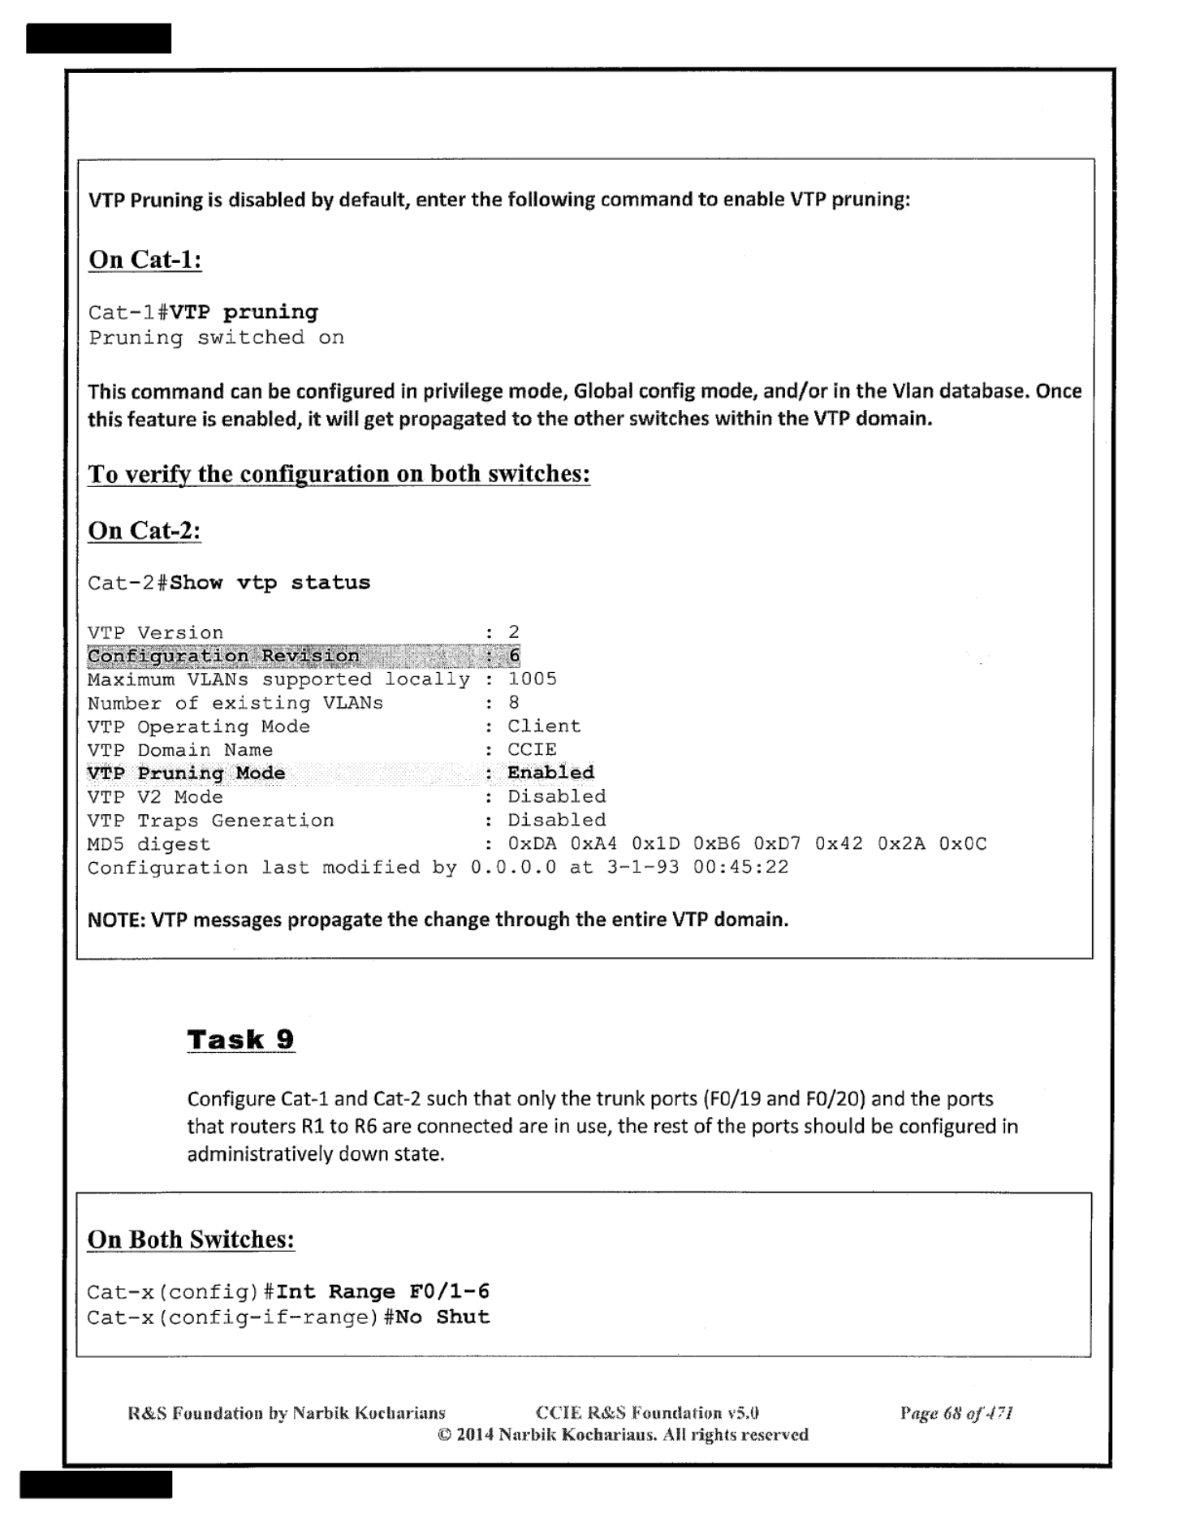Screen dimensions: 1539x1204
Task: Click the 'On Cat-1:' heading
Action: coord(145,260)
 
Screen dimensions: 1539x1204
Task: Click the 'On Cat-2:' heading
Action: coord(144,531)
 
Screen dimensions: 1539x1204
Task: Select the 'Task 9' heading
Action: coord(240,1040)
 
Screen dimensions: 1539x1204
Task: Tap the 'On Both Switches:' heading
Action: coord(191,1239)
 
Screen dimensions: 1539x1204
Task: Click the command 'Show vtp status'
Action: coord(270,583)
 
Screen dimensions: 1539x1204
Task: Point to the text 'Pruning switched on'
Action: coord(216,338)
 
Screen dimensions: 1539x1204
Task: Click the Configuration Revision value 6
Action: coord(514,656)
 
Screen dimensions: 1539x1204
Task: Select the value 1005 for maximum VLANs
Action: coord(532,679)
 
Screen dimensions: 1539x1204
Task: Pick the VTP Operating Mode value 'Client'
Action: coord(544,726)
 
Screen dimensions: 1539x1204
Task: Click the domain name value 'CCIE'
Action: coord(532,750)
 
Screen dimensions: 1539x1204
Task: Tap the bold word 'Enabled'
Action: coord(550,773)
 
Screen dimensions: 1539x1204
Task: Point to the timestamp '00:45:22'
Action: coord(740,868)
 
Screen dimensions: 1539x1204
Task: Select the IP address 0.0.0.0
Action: coord(513,868)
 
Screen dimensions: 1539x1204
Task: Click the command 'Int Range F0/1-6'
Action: coord(382,1291)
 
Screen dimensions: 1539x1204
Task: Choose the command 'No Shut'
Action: coord(442,1317)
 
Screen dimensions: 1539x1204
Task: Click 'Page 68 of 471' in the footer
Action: coord(956,1413)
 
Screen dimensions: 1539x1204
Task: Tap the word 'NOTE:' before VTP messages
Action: coord(116,920)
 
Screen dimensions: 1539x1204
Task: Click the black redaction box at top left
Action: coord(98,38)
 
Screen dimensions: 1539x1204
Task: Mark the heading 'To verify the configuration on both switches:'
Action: coord(339,474)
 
